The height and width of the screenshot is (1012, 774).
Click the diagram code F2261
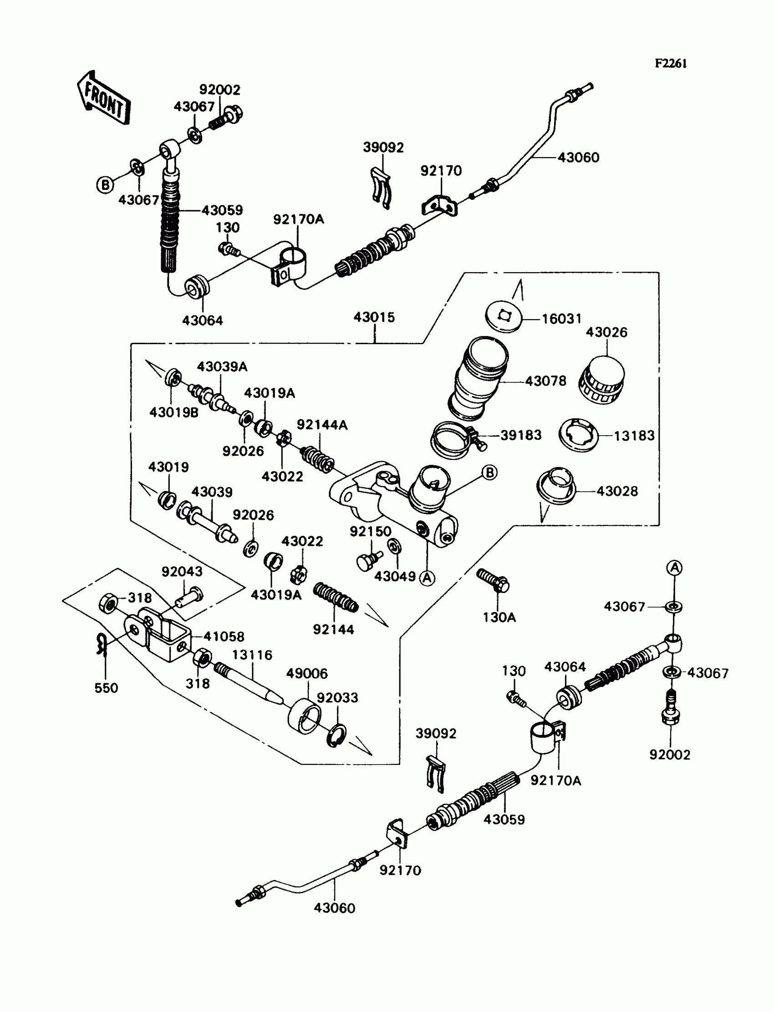click(x=671, y=64)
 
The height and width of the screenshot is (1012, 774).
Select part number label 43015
click(x=375, y=317)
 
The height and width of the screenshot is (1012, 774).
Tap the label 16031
click(x=562, y=319)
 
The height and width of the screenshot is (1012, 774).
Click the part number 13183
click(x=634, y=436)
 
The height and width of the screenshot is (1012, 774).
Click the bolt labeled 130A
click(x=493, y=580)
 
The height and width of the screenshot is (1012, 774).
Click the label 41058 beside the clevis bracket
click(x=224, y=636)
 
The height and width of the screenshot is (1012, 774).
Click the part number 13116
click(x=252, y=655)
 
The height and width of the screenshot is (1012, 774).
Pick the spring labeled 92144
click(x=336, y=598)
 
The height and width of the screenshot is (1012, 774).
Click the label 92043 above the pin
click(x=182, y=571)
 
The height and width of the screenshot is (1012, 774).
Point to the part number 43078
click(x=545, y=381)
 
